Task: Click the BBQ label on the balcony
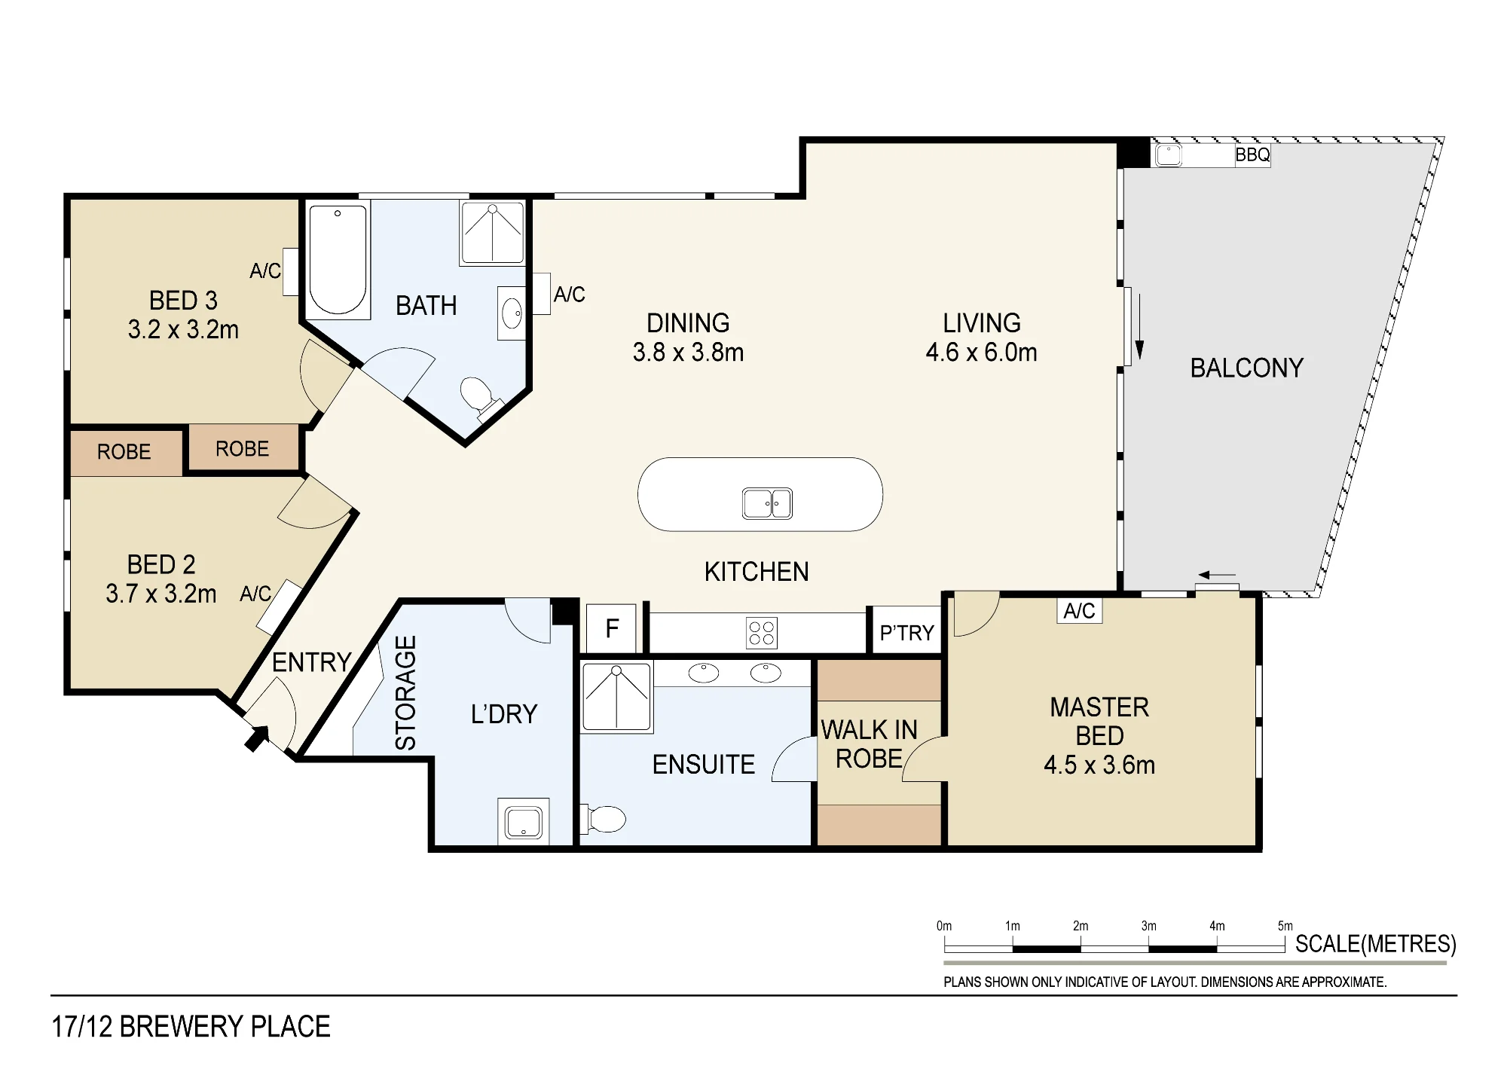pyautogui.click(x=1252, y=155)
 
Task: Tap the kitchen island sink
pyautogui.click(x=767, y=503)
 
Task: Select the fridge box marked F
pyautogui.click(x=612, y=628)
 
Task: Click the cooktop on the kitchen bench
pyautogui.click(x=762, y=633)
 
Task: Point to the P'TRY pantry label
pyautogui.click(x=906, y=633)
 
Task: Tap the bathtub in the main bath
pyautogui.click(x=338, y=259)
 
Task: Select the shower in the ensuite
pyautogui.click(x=616, y=697)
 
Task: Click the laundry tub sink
pyautogui.click(x=523, y=822)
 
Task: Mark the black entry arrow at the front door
pyautogui.click(x=256, y=738)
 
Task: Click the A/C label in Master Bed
pyautogui.click(x=1079, y=611)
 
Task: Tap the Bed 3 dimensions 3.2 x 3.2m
pyautogui.click(x=183, y=330)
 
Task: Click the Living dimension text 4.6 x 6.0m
pyautogui.click(x=981, y=353)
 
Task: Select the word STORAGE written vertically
pyautogui.click(x=405, y=692)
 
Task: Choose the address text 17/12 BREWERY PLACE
pyautogui.click(x=191, y=1027)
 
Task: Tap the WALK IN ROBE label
pyautogui.click(x=870, y=744)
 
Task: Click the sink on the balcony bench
pyautogui.click(x=1168, y=155)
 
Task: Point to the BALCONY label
pyautogui.click(x=1246, y=368)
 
